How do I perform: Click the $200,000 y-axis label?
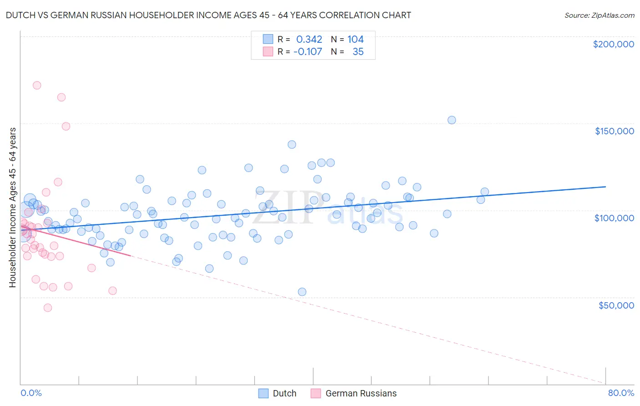coord(613,44)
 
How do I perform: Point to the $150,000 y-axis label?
coord(614,131)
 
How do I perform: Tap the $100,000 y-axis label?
coord(614,218)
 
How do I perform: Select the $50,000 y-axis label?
coord(616,305)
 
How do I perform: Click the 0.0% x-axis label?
coord(31,393)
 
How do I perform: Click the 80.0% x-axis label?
coord(621,393)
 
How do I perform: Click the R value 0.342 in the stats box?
coord(309,40)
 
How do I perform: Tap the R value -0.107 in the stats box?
coord(308,52)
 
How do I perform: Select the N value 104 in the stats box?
coord(356,40)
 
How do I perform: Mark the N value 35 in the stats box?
coord(358,52)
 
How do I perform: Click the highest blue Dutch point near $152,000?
coord(452,120)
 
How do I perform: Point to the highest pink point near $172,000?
coord(37,85)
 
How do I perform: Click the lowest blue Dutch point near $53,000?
coord(302,292)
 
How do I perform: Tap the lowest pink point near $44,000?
coord(48,308)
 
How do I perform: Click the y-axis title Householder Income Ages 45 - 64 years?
coord(12,207)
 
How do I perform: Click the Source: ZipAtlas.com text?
coord(599,15)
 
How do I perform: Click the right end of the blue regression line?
coord(605,187)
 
